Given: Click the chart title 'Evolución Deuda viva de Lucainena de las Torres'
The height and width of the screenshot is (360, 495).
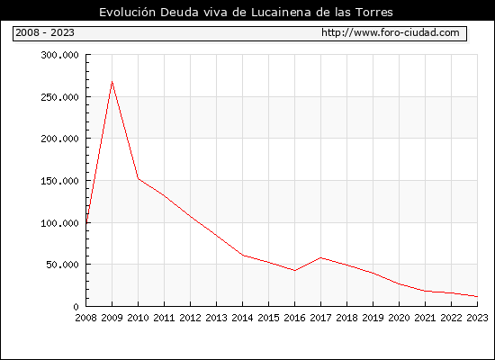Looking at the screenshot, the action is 246,13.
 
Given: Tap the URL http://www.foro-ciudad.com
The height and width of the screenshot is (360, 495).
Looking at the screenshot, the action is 391,32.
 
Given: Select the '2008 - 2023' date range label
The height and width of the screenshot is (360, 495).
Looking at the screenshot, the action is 45,32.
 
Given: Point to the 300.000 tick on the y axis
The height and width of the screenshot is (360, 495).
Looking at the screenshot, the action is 59,55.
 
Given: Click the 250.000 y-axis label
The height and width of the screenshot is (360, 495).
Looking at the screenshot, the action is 59,97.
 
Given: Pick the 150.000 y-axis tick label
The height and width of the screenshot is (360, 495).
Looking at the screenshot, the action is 59,181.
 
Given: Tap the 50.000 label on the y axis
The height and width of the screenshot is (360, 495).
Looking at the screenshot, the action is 62,265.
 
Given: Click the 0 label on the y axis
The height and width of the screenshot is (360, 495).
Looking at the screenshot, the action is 76,307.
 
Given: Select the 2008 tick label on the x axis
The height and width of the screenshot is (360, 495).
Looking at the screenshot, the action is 85,318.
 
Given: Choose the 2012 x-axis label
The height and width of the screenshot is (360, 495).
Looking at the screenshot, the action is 190,318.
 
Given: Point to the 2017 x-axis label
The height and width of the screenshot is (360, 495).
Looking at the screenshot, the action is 320,318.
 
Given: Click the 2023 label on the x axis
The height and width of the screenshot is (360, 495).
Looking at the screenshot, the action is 477,318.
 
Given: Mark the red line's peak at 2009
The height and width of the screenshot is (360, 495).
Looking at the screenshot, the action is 112,82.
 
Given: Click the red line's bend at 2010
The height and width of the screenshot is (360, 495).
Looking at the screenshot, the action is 139,178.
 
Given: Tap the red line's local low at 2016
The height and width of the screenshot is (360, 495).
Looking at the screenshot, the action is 294,270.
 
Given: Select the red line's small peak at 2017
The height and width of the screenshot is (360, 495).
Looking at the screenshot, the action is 320,258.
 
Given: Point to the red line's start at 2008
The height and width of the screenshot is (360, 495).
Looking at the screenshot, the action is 86,222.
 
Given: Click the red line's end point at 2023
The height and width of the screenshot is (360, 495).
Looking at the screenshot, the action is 477,296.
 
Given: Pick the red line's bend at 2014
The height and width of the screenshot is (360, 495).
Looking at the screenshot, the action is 242,256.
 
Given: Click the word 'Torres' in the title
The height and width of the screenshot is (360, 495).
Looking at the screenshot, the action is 374,13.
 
